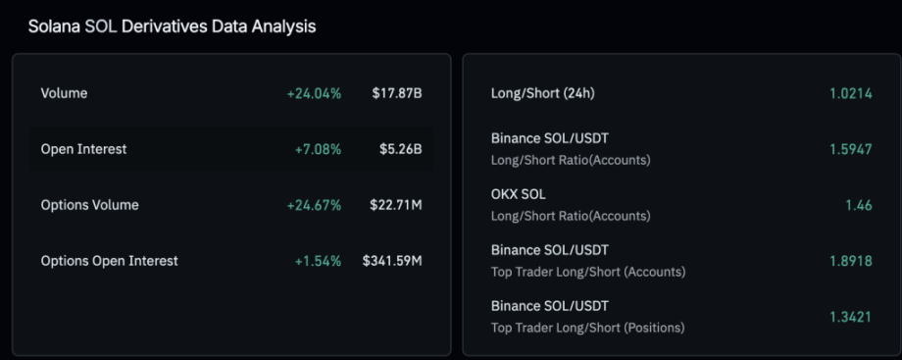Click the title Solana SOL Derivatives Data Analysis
[172, 26]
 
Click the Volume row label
[64, 93]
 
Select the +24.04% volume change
[314, 93]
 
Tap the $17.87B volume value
[397, 93]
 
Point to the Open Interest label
[83, 149]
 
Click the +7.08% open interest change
[318, 149]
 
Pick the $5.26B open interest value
[401, 149]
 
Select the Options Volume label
[89, 205]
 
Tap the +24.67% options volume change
[314, 205]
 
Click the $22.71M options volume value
[393, 205]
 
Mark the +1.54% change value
[318, 261]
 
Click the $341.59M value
[392, 261]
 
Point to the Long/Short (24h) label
[542, 93]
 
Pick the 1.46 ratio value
[858, 205]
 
